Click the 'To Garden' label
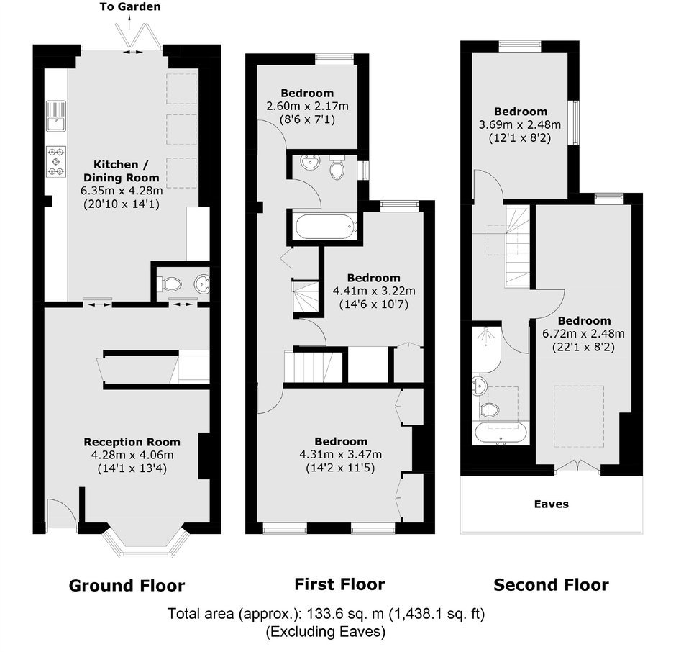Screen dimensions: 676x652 click(x=130, y=6)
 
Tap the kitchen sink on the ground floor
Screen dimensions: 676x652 click(x=56, y=116)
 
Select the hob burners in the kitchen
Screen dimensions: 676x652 click(x=56, y=162)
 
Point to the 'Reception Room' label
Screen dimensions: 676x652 click(x=132, y=442)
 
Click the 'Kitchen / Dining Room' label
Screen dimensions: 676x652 click(x=121, y=171)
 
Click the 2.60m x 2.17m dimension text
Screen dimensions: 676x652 click(x=307, y=107)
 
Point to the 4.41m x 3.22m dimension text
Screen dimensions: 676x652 click(x=374, y=291)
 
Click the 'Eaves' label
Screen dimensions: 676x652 click(x=552, y=504)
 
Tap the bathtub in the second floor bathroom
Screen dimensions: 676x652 click(x=501, y=433)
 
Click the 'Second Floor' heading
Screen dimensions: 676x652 click(x=551, y=585)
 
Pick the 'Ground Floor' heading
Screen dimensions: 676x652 click(x=127, y=586)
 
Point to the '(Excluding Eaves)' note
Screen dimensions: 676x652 click(x=326, y=632)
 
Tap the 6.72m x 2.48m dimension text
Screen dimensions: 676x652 click(x=583, y=333)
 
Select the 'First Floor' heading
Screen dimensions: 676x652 click(x=339, y=584)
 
